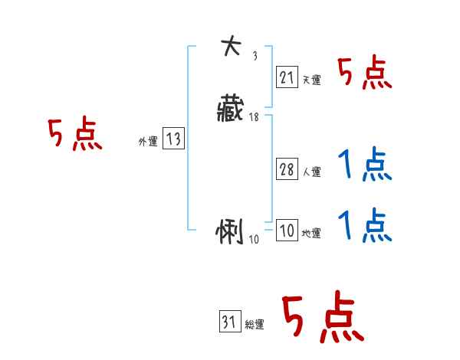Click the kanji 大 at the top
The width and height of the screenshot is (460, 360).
coord(230,47)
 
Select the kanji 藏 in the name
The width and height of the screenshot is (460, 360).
coord(231,110)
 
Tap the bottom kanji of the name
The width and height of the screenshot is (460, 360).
coord(230,231)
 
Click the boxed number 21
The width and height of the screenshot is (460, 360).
coord(287,77)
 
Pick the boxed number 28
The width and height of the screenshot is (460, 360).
coord(287,169)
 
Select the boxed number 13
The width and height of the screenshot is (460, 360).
coord(173,139)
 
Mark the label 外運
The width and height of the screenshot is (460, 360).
coord(147,142)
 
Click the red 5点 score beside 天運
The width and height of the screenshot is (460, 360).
coord(365,74)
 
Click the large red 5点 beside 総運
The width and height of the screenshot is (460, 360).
coord(322,318)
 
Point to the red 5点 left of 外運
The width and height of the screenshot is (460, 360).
coord(74,136)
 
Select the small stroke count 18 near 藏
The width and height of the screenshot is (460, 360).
coord(254,117)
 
